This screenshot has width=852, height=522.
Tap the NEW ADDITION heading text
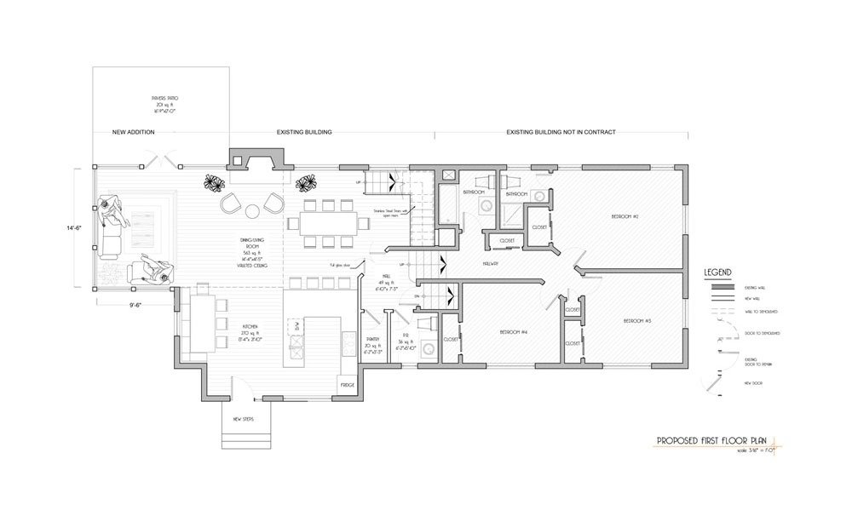pyautogui.click(x=132, y=134)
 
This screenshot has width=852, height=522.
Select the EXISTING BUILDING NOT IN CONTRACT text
pyautogui.click(x=561, y=134)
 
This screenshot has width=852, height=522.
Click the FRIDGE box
pyautogui.click(x=347, y=385)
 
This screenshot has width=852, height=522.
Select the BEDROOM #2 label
pyautogui.click(x=625, y=217)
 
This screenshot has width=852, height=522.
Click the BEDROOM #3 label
pyautogui.click(x=637, y=321)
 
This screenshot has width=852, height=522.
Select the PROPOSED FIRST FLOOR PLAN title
pyautogui.click(x=711, y=441)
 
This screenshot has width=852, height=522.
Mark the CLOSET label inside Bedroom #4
pyautogui.click(x=452, y=339)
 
